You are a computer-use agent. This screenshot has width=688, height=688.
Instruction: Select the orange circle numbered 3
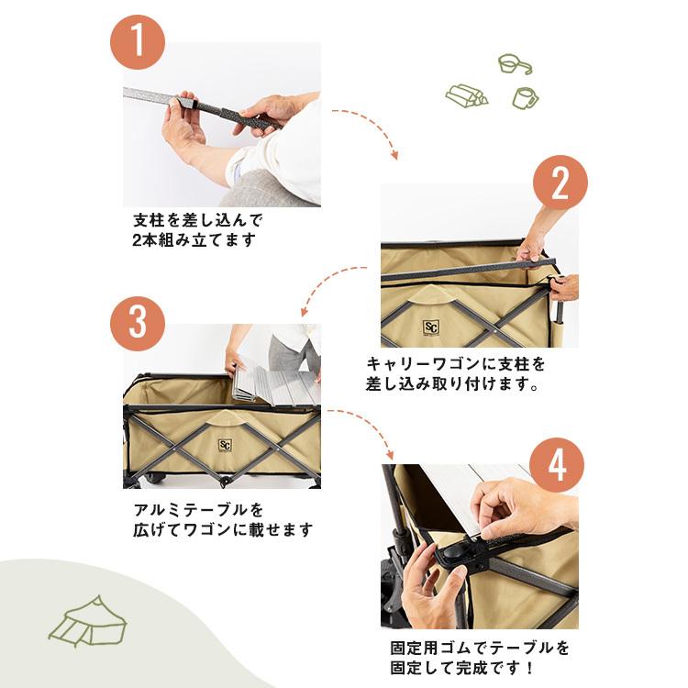(x=138, y=324)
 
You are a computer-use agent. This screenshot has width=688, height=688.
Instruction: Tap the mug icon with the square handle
(x=526, y=96)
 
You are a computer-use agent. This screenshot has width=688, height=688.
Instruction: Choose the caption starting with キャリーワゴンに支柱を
(x=459, y=372)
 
